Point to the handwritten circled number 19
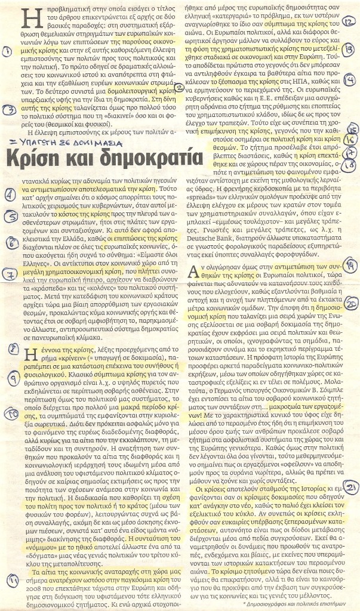click(x=352, y=265)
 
